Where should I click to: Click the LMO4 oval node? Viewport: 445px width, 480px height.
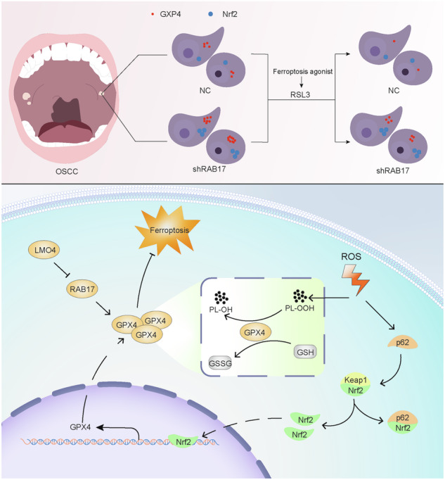(x=45, y=250)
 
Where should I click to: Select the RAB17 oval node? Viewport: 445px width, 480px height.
(x=82, y=289)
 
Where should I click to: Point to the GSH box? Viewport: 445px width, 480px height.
(x=305, y=353)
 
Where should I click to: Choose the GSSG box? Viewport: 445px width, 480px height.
(x=220, y=363)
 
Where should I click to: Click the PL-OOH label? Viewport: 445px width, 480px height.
(x=299, y=308)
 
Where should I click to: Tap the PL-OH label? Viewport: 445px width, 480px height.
(x=221, y=310)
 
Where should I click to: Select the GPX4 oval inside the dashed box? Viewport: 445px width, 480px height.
(x=255, y=332)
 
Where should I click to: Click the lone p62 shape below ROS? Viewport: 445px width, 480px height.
(x=402, y=342)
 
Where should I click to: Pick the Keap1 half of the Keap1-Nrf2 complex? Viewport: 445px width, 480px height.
(x=356, y=380)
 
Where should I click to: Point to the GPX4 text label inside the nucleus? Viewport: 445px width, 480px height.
(x=80, y=427)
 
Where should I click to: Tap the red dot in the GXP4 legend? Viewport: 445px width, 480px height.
(x=153, y=14)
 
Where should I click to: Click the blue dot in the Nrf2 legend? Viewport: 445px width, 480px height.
(x=211, y=14)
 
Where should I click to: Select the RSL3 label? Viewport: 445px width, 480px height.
(x=300, y=94)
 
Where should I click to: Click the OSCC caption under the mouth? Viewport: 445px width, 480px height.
(x=67, y=172)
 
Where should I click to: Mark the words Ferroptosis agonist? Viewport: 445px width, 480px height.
(x=302, y=72)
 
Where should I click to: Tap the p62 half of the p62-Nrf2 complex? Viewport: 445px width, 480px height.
(x=403, y=417)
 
